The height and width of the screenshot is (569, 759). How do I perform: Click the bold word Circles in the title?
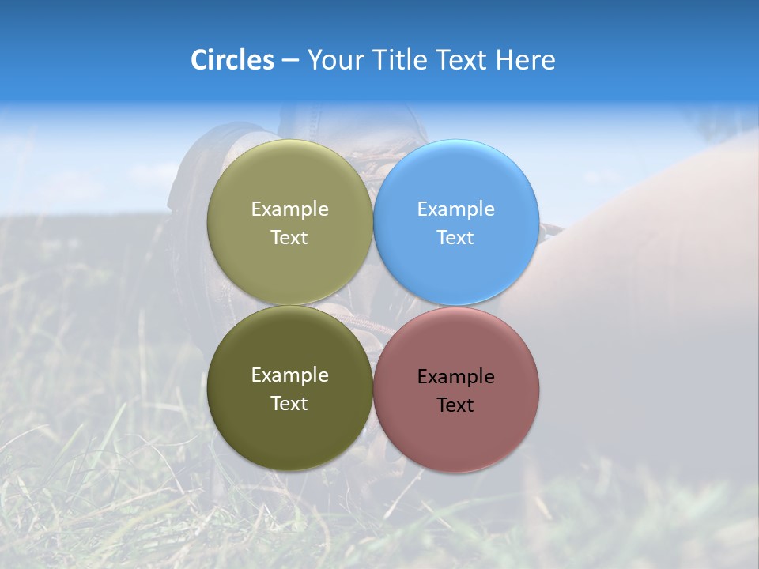(232, 60)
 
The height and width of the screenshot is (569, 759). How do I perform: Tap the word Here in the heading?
(525, 60)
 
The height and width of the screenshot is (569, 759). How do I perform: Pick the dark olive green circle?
(289, 431)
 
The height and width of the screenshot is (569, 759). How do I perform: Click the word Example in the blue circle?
(455, 209)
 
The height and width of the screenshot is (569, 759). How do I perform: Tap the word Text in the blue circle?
(455, 237)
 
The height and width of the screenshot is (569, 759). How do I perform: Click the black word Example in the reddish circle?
(455, 377)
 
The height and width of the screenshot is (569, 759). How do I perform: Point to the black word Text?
(455, 405)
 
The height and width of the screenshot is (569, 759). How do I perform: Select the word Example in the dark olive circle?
(289, 375)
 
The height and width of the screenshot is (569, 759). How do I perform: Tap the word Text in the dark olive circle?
(289, 403)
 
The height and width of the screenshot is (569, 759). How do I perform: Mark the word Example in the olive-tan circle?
(289, 209)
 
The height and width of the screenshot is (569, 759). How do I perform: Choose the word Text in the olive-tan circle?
(289, 237)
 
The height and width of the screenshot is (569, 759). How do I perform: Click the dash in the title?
(290, 61)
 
